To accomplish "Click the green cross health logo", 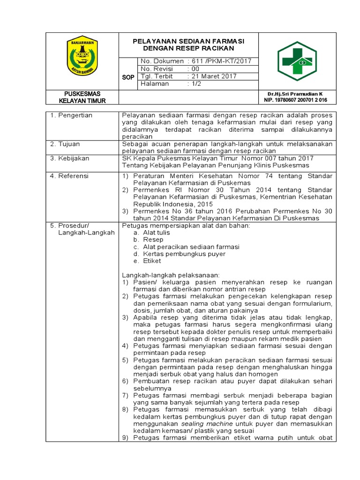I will pyautogui.click(x=297, y=60).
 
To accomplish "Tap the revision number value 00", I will pyautogui.click(x=193, y=68).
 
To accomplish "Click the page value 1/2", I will pyautogui.click(x=194, y=84).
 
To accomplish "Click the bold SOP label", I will pyautogui.click(x=128, y=77).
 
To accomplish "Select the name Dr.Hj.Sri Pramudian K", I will pyautogui.click(x=295, y=94).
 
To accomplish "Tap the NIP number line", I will pyautogui.click(x=295, y=100).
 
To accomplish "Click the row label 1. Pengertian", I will pyautogui.click(x=72, y=115).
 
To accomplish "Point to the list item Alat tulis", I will pyautogui.click(x=157, y=232).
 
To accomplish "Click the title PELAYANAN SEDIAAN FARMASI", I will pyautogui.click(x=188, y=41).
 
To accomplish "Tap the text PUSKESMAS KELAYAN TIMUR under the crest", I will pyautogui.click(x=82, y=97).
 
